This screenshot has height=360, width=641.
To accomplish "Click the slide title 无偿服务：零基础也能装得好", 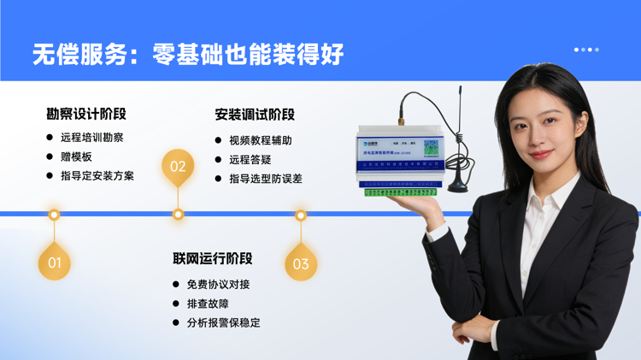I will [x=188, y=54].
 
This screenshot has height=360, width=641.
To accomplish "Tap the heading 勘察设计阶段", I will [x=86, y=114].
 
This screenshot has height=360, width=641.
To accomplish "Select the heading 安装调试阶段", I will [x=255, y=114].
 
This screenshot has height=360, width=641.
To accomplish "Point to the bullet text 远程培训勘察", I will [x=92, y=138].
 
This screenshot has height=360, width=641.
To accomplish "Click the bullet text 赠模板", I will [x=76, y=157].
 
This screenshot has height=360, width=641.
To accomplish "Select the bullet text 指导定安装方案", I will [x=97, y=176].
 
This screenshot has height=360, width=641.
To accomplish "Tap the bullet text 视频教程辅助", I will [x=260, y=140].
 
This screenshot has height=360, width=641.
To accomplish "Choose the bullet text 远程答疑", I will [x=250, y=160].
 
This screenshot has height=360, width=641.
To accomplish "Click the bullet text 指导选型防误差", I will [x=265, y=179].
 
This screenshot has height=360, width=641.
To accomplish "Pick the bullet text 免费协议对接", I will [x=218, y=284].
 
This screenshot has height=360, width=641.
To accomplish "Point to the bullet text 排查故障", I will [x=208, y=304].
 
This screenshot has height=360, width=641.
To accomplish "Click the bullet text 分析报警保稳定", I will [x=223, y=323].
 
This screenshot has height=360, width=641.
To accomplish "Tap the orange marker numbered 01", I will [x=54, y=263].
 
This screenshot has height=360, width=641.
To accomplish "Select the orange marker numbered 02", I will [x=178, y=166].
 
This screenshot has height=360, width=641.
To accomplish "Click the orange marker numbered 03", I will [x=301, y=263].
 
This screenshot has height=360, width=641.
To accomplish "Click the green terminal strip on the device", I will [x=399, y=192].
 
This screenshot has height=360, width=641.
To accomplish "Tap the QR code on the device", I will [x=431, y=146].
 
